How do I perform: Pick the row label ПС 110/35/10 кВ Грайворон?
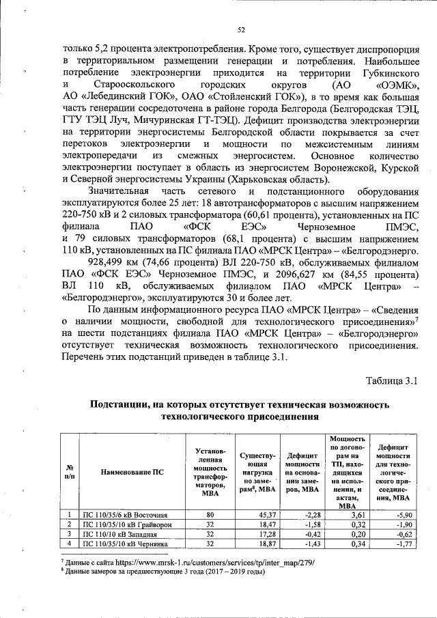128,524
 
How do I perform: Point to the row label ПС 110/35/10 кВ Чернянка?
126,544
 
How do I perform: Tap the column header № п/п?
69,471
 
